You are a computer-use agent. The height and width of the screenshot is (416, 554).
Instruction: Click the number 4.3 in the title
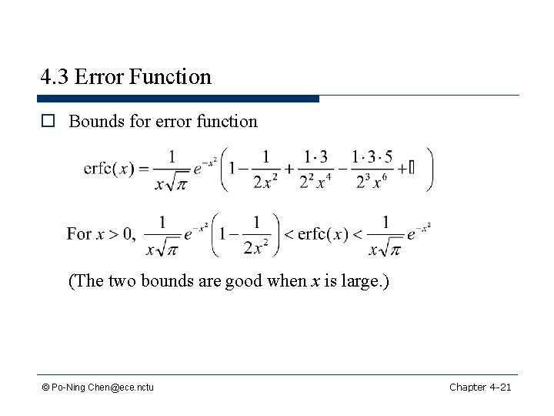(55, 77)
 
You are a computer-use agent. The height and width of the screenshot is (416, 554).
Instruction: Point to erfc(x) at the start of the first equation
(110, 170)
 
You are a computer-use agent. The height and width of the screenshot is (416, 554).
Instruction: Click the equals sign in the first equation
(145, 170)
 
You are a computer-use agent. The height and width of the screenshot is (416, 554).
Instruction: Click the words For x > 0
(102, 233)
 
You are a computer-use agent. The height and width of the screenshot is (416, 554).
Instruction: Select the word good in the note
(245, 281)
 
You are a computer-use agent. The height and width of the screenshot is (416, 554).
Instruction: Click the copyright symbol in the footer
(45, 387)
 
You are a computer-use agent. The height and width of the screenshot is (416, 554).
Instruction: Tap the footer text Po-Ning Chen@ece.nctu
(102, 387)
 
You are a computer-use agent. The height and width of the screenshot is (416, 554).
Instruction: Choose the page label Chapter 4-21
(480, 386)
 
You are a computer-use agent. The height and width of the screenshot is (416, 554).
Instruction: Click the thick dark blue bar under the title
(178, 99)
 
